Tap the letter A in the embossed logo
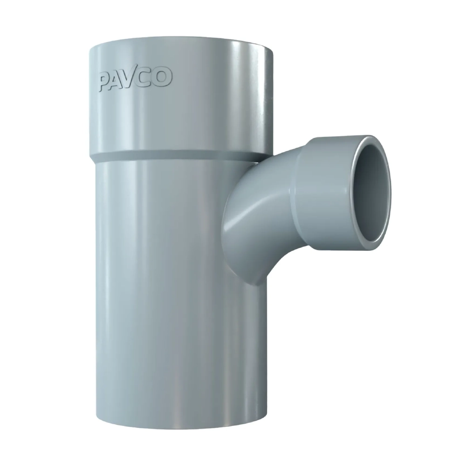[x=119, y=79]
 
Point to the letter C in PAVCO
[x=149, y=77]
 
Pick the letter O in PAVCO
[x=163, y=76]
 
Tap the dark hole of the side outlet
[x=372, y=196]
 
